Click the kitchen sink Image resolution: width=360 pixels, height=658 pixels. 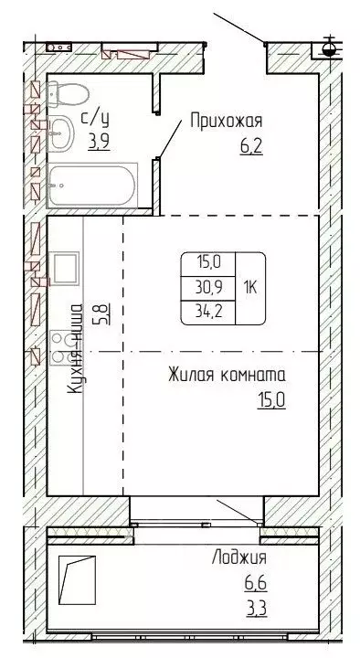coord(65,268)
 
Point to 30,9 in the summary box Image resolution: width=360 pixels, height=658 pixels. coord(209,286)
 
